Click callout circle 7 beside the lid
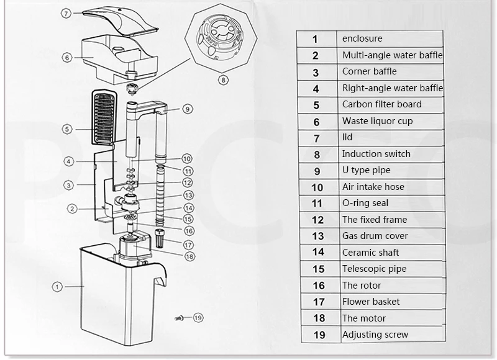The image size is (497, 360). pyautogui.click(x=66, y=13)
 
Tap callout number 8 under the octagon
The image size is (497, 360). pyautogui.click(x=223, y=80)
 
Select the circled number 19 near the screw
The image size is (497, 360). pyautogui.click(x=198, y=318)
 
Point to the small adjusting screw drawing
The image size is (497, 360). pyautogui.click(x=178, y=318)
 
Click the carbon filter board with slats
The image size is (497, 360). pyautogui.click(x=104, y=117)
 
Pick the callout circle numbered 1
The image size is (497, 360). pyautogui.click(x=57, y=287)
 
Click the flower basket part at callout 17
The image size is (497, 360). pyautogui.click(x=160, y=238)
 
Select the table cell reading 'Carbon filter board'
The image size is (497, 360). pyautogui.click(x=382, y=104)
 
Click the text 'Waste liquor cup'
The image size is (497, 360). pyautogui.click(x=378, y=121)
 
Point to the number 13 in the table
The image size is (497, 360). pyautogui.click(x=318, y=236)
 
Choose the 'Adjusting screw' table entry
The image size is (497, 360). pyautogui.click(x=375, y=335)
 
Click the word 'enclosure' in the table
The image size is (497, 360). pyautogui.click(x=362, y=38)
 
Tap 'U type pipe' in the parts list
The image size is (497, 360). pyautogui.click(x=366, y=170)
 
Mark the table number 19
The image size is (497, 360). pyautogui.click(x=319, y=335)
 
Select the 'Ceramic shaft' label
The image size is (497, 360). pyautogui.click(x=370, y=253)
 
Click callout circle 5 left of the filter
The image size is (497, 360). pyautogui.click(x=67, y=129)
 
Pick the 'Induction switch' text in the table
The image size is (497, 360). pyautogui.click(x=376, y=154)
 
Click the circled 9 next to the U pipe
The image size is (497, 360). pyautogui.click(x=188, y=109)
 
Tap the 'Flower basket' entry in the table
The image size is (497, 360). pyautogui.click(x=371, y=302)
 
